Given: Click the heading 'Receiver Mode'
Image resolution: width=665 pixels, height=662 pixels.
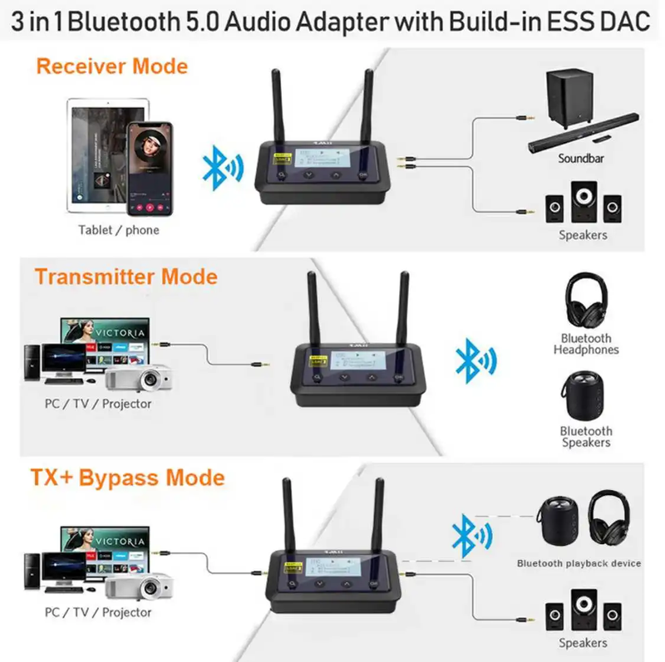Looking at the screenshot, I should tap(111, 66).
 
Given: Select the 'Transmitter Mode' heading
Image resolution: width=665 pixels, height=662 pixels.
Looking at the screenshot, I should tap(126, 277).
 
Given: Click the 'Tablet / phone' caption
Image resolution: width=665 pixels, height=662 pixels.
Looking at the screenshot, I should tap(119, 230).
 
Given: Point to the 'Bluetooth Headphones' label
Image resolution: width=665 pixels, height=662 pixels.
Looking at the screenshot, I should tap(586, 344).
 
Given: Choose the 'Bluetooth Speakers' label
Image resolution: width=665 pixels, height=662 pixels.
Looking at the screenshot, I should tap(586, 437).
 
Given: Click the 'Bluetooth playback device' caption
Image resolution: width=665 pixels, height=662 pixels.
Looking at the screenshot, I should tap(579, 563).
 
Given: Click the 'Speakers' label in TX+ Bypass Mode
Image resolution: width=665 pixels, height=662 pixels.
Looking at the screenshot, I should tap(583, 643).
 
